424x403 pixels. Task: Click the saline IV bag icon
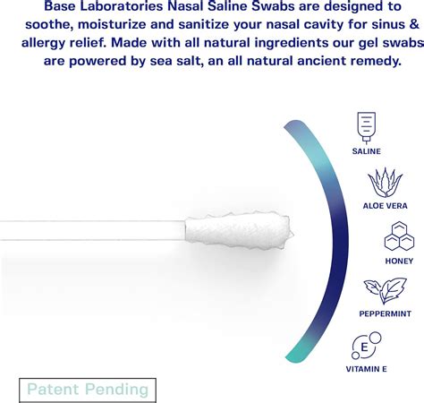point(366,126)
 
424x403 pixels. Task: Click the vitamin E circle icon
point(366,346)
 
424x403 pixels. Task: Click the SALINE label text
point(366,151)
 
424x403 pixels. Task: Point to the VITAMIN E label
point(367,368)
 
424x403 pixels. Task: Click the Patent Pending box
point(88,390)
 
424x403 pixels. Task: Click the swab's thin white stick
point(89,231)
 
